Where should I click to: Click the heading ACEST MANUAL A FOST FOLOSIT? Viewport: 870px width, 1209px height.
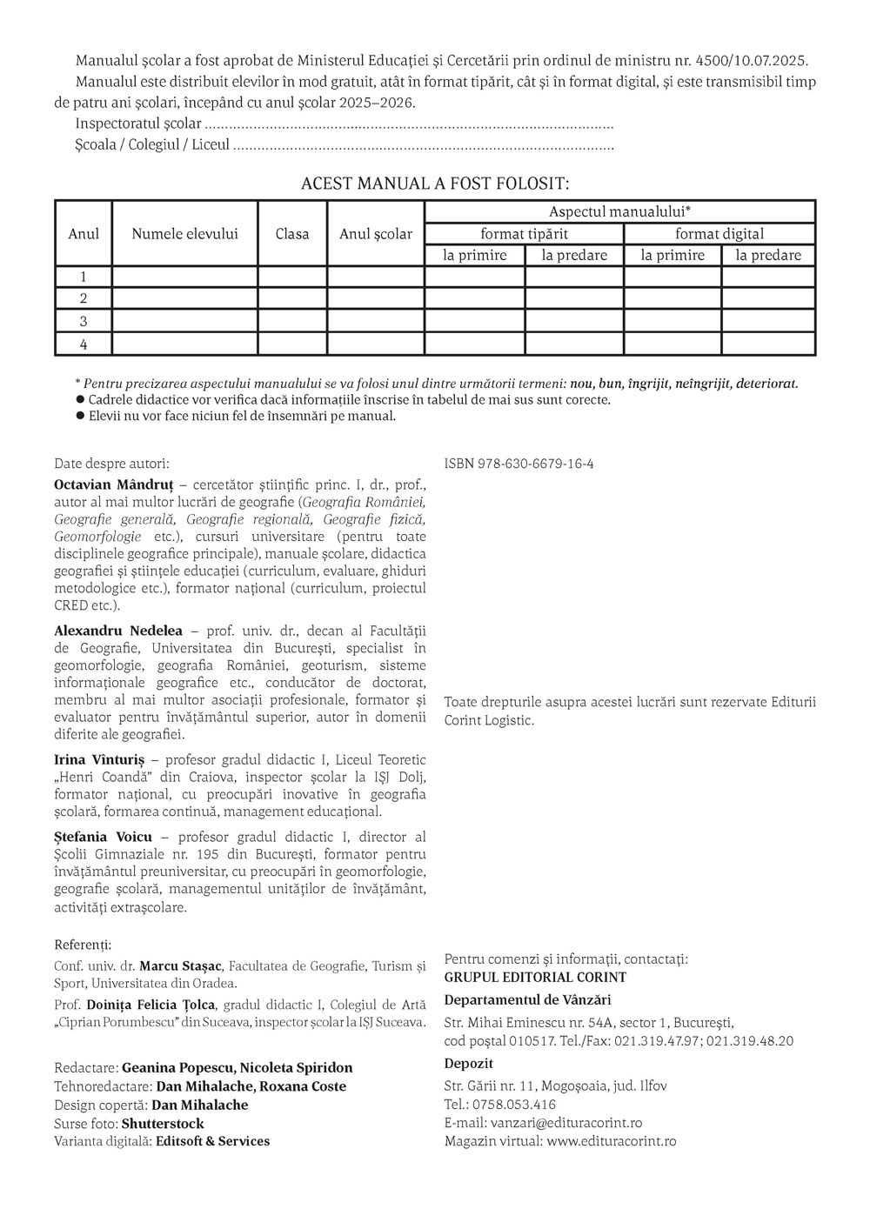coord(435,184)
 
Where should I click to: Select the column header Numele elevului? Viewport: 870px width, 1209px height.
coord(184,233)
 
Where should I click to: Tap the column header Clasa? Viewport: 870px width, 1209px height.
coord(292,233)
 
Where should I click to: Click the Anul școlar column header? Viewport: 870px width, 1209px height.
coord(376,233)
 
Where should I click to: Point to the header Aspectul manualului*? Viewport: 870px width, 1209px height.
coord(619,211)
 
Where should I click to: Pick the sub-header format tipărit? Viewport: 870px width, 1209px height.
coord(524,233)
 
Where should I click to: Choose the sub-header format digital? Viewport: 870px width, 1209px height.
coord(719,233)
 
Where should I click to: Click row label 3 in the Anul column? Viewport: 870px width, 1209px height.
coord(84,321)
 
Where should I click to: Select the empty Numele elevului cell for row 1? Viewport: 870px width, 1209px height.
coord(184,277)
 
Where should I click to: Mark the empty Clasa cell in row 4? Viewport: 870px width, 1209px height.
coord(292,344)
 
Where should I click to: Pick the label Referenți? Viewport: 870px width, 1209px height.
coord(83,945)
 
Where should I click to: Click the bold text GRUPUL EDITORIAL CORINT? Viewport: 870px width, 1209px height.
coord(535,977)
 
